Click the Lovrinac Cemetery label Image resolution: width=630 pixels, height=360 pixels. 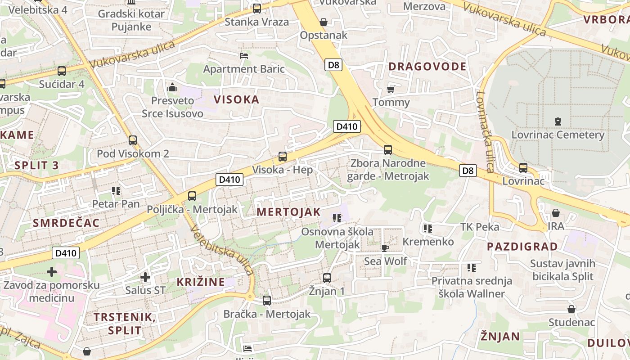[558, 135]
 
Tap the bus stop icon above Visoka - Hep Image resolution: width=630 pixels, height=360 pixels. [283, 157]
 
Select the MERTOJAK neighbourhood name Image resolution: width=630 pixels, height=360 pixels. [288, 212]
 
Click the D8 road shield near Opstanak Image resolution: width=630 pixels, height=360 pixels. [333, 65]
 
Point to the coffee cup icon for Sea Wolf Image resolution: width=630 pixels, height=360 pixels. [385, 247]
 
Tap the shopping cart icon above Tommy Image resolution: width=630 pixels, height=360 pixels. [391, 89]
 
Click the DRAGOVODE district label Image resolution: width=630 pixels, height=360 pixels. [427, 67]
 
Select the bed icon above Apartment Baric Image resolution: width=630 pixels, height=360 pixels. [244, 56]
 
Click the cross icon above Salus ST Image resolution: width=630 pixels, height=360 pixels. [145, 277]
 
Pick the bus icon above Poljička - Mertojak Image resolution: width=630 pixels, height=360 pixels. [192, 196]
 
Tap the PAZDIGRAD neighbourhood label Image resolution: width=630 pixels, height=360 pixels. [522, 247]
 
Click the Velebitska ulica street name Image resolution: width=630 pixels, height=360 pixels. [221, 250]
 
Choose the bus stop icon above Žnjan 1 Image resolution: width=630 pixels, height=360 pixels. [327, 278]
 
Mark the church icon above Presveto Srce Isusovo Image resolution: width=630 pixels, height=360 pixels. [172, 87]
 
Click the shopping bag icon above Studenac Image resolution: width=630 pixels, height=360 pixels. [571, 309]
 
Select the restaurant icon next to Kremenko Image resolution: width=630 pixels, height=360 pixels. [428, 229]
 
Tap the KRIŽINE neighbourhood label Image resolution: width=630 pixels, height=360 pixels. [201, 282]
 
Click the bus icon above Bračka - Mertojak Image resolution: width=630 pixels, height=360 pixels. [267, 301]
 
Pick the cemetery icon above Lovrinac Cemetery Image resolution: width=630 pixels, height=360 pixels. [558, 121]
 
